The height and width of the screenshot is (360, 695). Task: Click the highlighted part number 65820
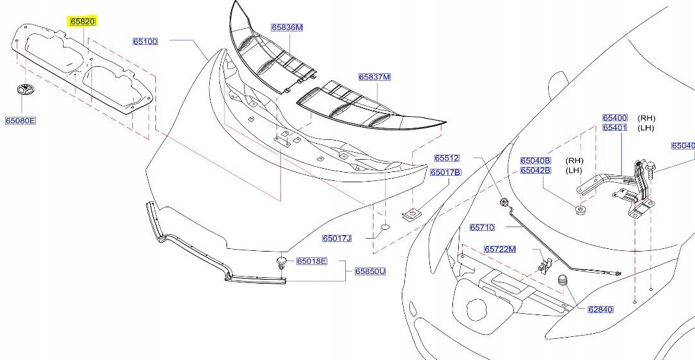[x=82, y=21]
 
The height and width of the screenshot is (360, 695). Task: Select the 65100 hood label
[x=145, y=42]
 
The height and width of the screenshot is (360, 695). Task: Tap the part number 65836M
[x=286, y=28]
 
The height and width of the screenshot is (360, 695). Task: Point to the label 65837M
[x=374, y=77]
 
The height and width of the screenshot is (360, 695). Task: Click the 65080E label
[x=21, y=120]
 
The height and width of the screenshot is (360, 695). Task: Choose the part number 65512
[x=447, y=158]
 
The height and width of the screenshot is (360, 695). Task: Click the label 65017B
[x=445, y=172]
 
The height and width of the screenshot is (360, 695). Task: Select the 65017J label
[x=337, y=238]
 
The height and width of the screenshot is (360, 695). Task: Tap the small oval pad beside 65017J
[x=384, y=227]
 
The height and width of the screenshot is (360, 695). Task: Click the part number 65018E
[x=311, y=261]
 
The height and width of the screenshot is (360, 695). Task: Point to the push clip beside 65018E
[x=282, y=261]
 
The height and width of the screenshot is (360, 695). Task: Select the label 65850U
[x=370, y=271]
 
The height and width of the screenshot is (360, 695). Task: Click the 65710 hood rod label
[x=482, y=227]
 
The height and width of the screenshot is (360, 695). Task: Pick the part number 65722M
[x=500, y=249]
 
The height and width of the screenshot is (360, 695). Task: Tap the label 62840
[x=600, y=309]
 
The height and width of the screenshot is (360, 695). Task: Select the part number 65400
[x=614, y=118]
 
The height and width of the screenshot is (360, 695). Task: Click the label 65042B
[x=535, y=170]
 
